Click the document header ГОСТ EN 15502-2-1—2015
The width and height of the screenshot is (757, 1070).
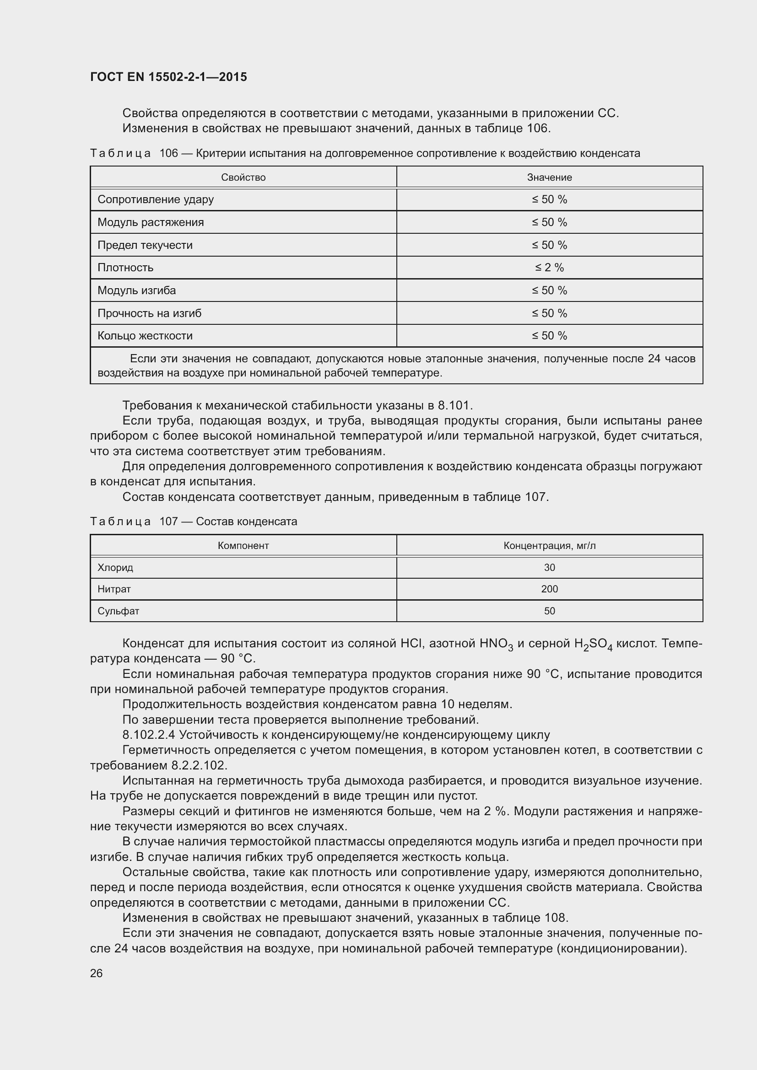(x=168, y=77)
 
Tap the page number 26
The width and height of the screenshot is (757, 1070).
(x=97, y=973)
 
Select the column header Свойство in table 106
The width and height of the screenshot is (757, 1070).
(x=243, y=177)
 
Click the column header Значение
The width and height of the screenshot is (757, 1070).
(x=549, y=177)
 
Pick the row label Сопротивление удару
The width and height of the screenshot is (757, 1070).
(x=155, y=199)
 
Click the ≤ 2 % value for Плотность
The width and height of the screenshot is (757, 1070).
(x=549, y=268)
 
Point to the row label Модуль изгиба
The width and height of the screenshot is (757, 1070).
(x=136, y=290)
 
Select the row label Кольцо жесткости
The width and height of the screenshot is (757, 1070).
(x=145, y=335)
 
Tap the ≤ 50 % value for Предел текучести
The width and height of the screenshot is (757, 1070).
(x=549, y=245)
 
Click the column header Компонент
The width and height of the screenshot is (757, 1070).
(x=243, y=546)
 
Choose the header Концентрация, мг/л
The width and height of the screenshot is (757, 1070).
(x=549, y=546)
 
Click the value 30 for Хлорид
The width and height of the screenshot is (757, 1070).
(x=549, y=568)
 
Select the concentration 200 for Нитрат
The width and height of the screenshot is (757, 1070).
(x=549, y=589)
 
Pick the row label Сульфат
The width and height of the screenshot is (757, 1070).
(x=118, y=611)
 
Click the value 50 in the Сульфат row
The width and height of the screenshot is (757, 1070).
(x=549, y=611)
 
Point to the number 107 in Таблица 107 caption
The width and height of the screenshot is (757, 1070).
(x=169, y=522)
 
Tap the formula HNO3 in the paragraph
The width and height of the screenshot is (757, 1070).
(x=496, y=644)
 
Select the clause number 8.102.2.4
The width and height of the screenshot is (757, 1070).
(x=148, y=735)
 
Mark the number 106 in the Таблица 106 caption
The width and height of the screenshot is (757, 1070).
(x=169, y=153)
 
